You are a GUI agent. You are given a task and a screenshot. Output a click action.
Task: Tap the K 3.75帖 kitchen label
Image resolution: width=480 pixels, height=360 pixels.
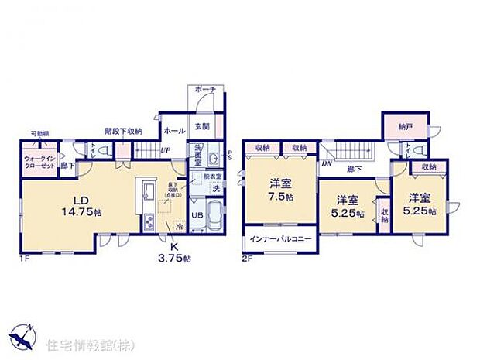click(174, 252)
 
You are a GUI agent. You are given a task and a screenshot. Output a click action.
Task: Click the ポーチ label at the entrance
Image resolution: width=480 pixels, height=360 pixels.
click(206, 91)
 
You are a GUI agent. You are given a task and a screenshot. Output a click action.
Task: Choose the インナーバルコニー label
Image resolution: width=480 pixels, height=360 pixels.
click(280, 238)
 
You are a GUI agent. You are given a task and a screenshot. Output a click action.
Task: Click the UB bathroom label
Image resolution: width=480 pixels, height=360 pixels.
click(197, 215)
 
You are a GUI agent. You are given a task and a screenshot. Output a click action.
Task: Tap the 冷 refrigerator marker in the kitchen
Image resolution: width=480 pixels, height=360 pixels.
click(178, 227)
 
